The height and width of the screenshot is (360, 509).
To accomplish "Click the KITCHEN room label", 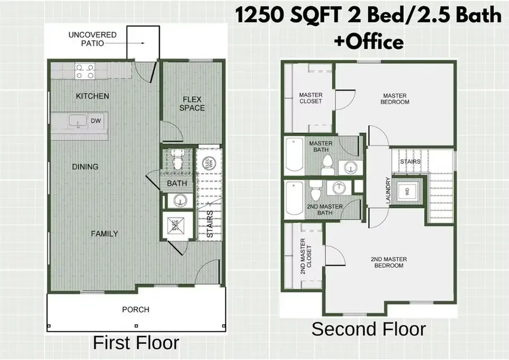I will (x=92, y=96).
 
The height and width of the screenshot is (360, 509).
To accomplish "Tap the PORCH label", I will (x=136, y=310).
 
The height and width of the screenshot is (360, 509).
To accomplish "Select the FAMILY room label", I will (x=105, y=233).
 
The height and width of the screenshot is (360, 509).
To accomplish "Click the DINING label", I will (x=85, y=166).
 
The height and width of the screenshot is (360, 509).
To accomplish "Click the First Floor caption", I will (x=136, y=343).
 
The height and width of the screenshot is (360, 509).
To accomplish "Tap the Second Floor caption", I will (x=368, y=329).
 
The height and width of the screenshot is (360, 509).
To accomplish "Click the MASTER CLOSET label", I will (x=310, y=97).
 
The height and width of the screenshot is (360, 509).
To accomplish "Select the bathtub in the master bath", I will (x=294, y=154).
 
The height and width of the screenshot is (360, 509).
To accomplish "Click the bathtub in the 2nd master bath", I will (x=294, y=199).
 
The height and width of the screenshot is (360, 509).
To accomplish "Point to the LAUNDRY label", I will (x=389, y=191).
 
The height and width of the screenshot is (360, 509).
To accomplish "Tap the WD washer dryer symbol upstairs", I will (x=406, y=191).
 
